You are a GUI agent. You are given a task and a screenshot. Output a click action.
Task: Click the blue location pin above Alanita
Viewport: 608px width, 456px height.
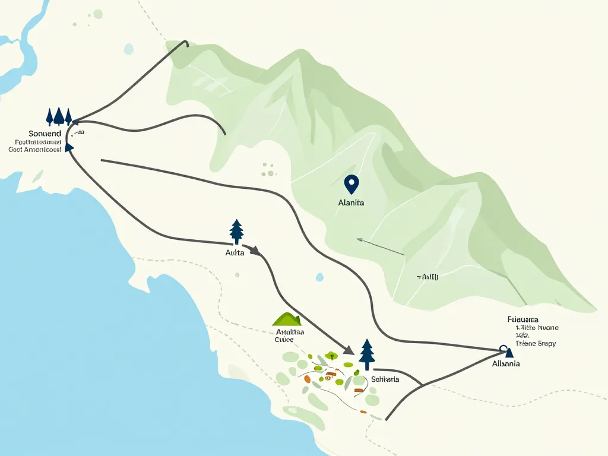coord(351,184)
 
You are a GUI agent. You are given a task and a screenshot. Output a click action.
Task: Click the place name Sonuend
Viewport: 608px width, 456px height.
coord(45,134)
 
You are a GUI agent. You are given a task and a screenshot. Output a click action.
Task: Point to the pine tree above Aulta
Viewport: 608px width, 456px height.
coord(236,231)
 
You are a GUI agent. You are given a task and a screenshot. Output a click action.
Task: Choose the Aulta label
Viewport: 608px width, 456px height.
coord(235,252)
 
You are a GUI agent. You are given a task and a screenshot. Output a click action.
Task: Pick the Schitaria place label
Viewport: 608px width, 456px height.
coord(385,379)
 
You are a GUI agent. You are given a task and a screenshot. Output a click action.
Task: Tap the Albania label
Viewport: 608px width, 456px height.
coord(506,363)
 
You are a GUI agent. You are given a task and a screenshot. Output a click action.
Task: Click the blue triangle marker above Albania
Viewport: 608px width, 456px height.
coord(508,353)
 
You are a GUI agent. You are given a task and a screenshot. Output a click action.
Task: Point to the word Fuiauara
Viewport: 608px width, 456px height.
coord(522,319)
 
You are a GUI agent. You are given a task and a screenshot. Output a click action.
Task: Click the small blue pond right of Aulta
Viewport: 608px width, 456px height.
coord(319,277)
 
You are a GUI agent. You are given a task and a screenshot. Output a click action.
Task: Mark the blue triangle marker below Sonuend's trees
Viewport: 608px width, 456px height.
coord(69,147)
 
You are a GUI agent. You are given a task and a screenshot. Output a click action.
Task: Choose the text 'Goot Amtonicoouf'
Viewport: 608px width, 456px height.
coord(36,150)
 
